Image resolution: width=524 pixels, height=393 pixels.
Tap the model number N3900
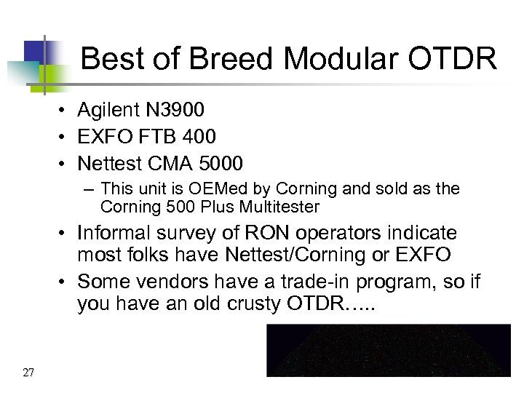tap(175, 110)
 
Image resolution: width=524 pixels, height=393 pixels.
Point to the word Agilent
tap(108, 110)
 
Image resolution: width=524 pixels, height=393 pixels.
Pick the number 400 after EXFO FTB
tap(200, 136)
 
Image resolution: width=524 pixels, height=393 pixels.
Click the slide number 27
tap(28, 373)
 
